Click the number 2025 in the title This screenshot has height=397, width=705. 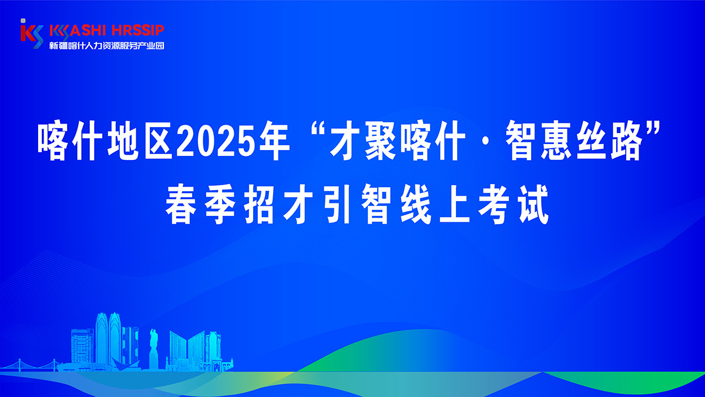pyautogui.click(x=215, y=141)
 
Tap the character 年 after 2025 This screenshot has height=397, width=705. pyautogui.click(x=273, y=141)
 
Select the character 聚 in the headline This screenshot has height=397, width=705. pyautogui.click(x=381, y=141)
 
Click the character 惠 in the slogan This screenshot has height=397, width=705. pyautogui.click(x=556, y=141)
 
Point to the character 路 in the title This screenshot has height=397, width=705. pyautogui.click(x=626, y=141)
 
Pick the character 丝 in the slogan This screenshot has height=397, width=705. pyautogui.click(x=591, y=141)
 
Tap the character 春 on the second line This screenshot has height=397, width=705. pyautogui.click(x=182, y=204)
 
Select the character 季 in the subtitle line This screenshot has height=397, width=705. pyautogui.click(x=220, y=204)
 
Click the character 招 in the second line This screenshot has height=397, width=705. pyautogui.click(x=259, y=204)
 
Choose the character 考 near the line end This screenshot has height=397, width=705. pyautogui.click(x=495, y=204)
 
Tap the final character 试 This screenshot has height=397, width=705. pyautogui.click(x=533, y=204)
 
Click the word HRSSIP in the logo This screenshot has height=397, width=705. pyautogui.click(x=138, y=31)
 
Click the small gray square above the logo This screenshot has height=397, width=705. pyautogui.click(x=23, y=21)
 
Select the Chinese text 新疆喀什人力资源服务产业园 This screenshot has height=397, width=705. pyautogui.click(x=107, y=46)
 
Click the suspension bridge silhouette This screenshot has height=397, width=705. pyautogui.click(x=32, y=365)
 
